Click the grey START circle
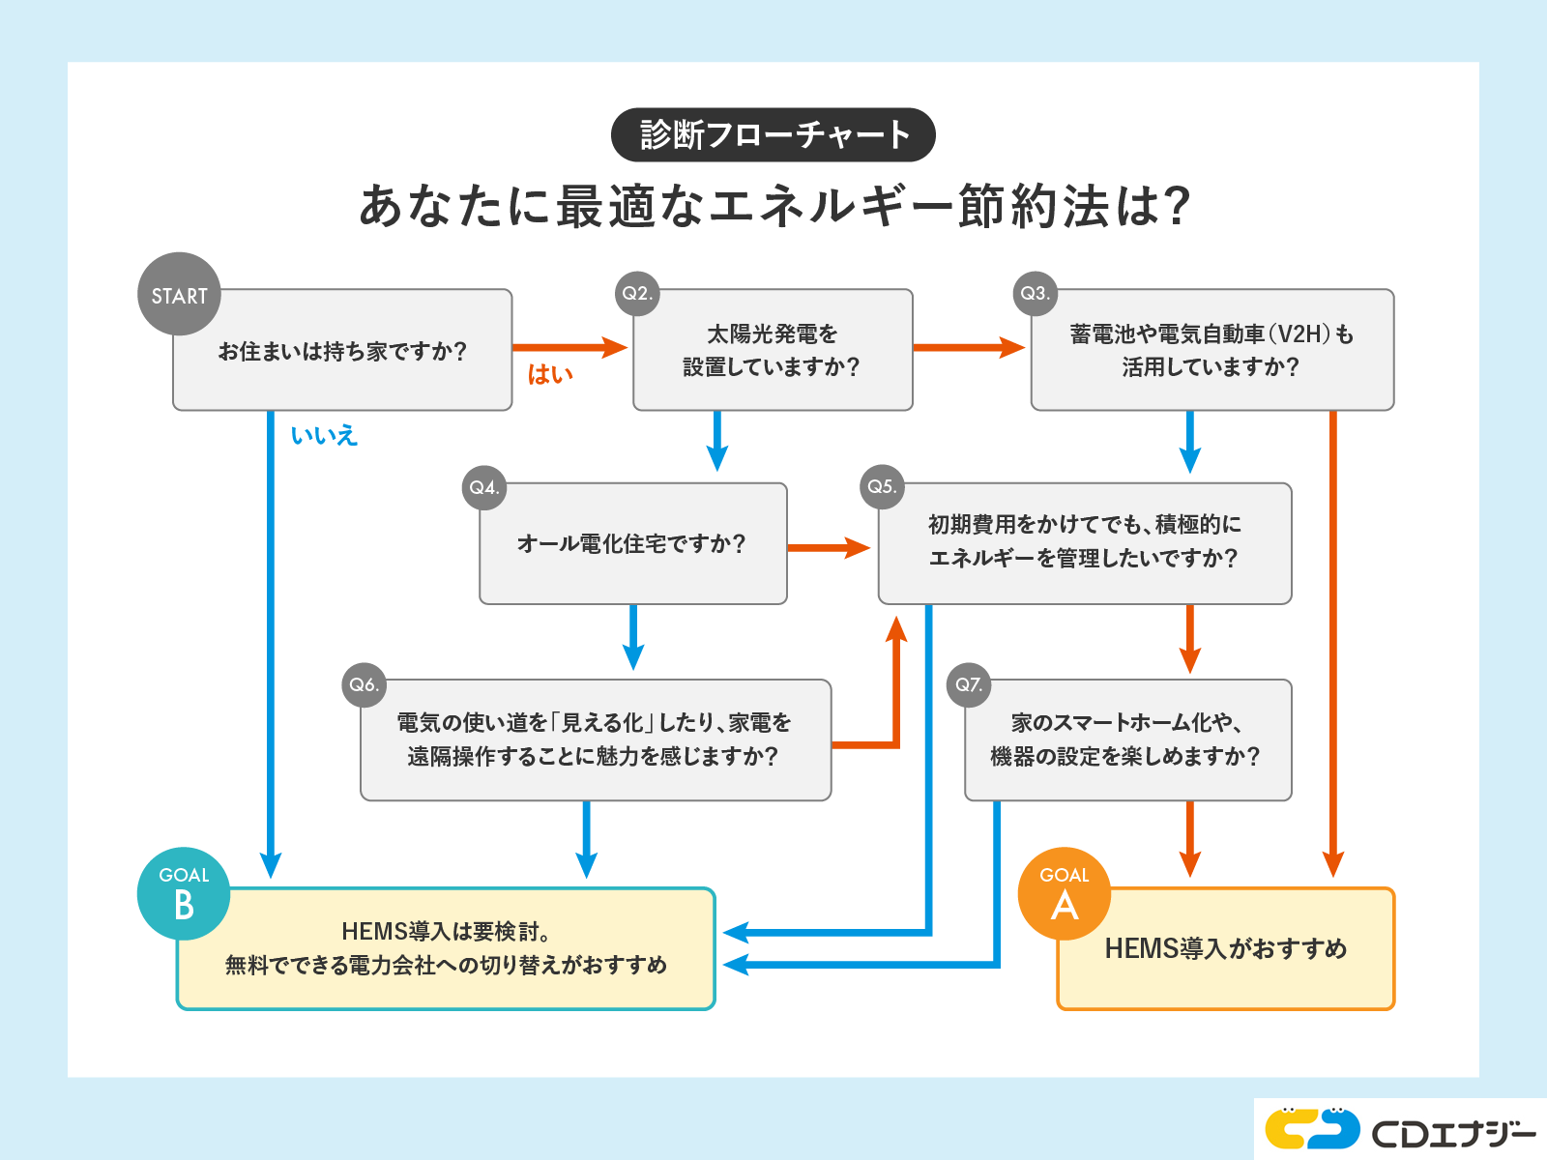click(x=179, y=294)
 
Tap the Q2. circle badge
click(x=637, y=293)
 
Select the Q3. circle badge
click(x=1036, y=293)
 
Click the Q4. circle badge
click(x=483, y=487)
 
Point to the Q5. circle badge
click(x=882, y=486)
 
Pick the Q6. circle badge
click(x=365, y=684)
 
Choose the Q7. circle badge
click(x=969, y=684)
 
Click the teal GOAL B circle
click(x=184, y=894)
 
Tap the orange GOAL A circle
click(x=1065, y=894)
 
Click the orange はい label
click(x=550, y=374)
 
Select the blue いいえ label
click(x=324, y=435)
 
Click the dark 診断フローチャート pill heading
click(x=773, y=134)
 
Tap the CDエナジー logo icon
click(x=1312, y=1127)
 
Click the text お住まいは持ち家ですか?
click(x=342, y=351)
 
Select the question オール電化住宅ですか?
click(x=632, y=543)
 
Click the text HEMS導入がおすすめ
click(x=1226, y=948)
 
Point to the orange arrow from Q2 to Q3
click(x=968, y=347)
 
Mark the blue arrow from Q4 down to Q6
click(x=633, y=636)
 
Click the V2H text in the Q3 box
click(x=1299, y=334)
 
